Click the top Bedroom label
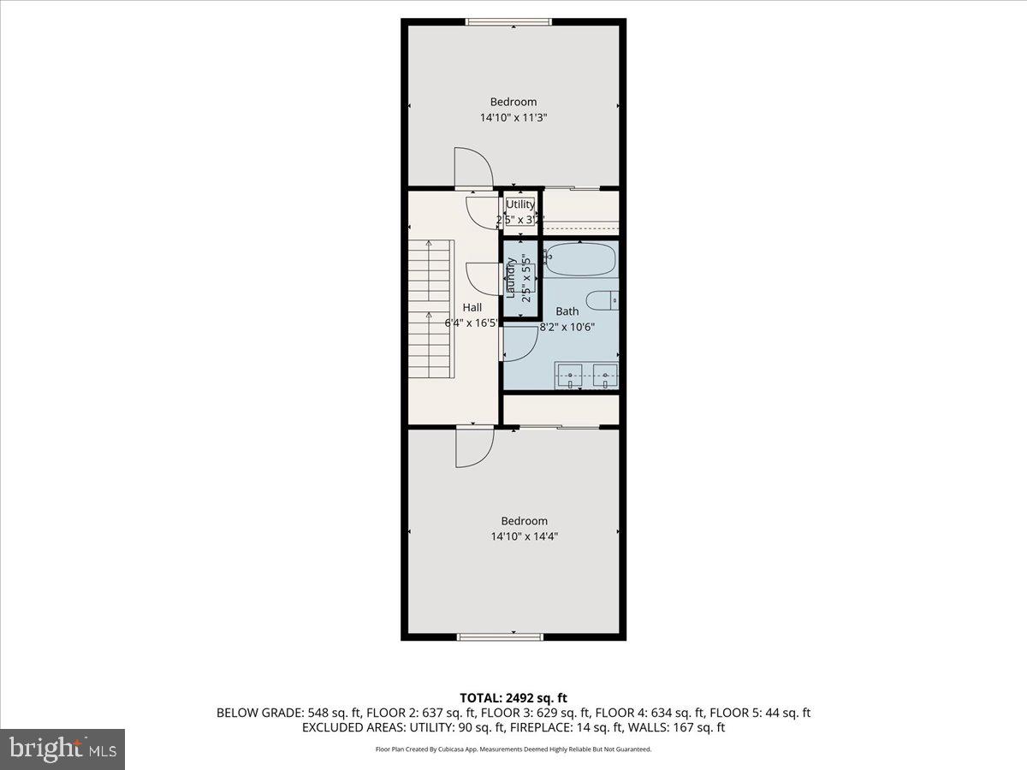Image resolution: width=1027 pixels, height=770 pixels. point(513,102)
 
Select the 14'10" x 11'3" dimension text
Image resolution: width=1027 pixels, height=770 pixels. point(513,118)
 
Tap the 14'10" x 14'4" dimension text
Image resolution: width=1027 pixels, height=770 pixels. point(525,537)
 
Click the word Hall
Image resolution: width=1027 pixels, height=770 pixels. point(472,307)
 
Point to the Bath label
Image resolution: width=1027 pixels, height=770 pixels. point(567,311)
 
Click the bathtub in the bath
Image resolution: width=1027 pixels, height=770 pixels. point(581,259)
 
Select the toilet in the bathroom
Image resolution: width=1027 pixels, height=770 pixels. point(606,301)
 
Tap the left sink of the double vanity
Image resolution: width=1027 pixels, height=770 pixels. point(570,375)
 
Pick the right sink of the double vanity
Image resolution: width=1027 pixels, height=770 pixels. point(606,375)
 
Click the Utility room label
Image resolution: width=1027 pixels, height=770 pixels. point(520,204)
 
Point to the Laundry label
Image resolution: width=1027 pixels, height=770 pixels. point(512,278)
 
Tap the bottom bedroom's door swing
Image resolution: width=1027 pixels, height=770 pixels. point(474,447)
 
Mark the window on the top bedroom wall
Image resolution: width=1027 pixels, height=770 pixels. point(508,21)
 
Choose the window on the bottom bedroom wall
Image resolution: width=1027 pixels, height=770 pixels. point(501,637)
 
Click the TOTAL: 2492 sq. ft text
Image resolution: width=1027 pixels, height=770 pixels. point(513,698)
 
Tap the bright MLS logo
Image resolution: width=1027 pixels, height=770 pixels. point(62,749)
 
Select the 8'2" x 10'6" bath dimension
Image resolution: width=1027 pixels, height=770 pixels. point(567,326)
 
